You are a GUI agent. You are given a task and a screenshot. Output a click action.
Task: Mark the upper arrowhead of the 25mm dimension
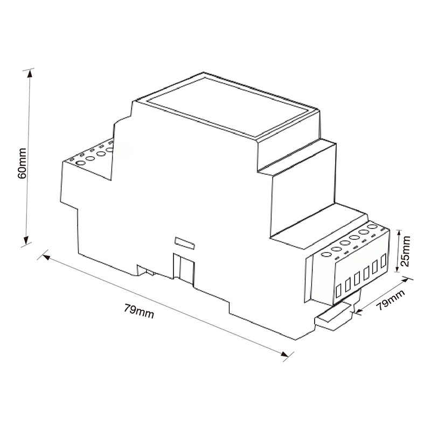click(x=399, y=232)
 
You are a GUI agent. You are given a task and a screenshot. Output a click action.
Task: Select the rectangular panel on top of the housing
click(x=228, y=109)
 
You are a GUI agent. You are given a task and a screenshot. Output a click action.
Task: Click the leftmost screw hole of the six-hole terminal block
click(x=326, y=254)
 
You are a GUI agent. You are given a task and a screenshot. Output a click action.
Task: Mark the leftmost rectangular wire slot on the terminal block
click(x=339, y=291)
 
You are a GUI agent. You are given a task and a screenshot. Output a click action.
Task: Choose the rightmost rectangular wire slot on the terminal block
click(x=384, y=263)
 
